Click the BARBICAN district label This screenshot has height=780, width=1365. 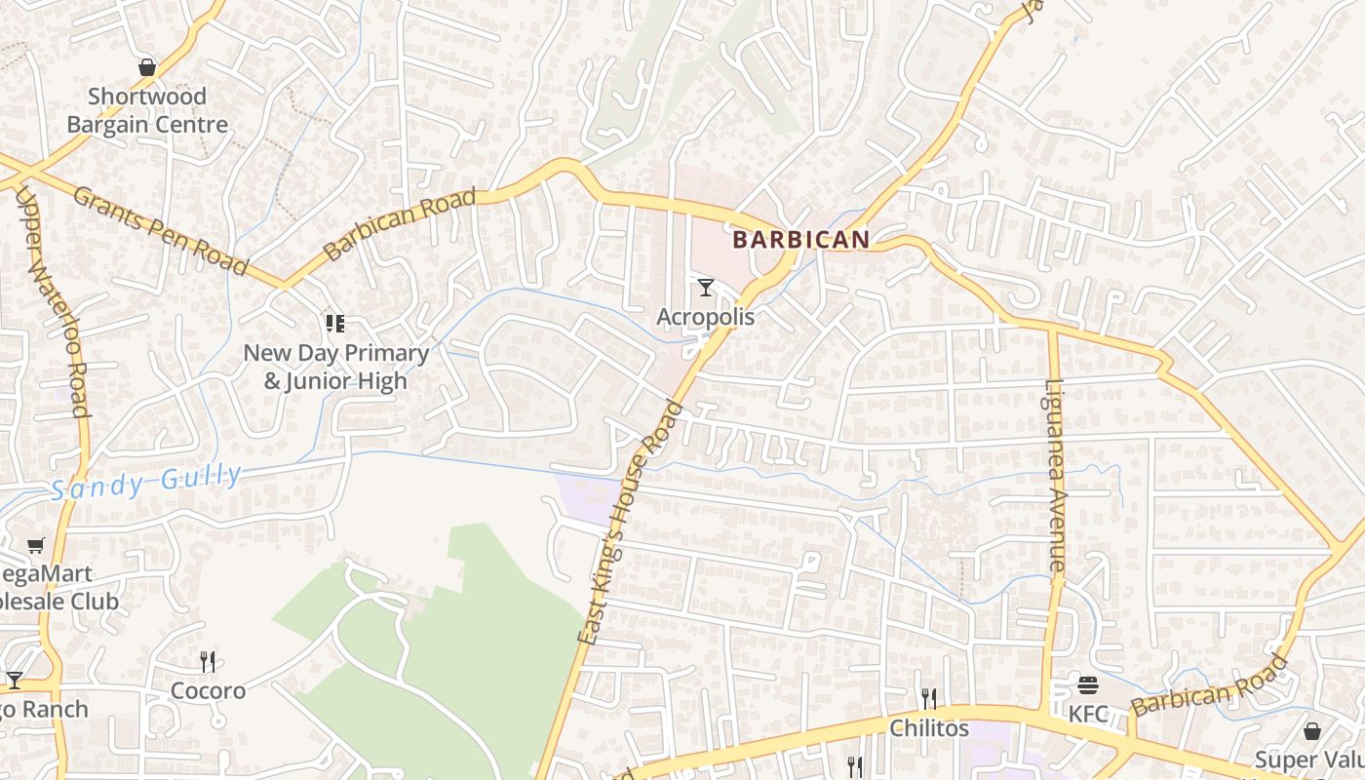(x=800, y=239)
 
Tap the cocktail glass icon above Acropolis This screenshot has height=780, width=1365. (x=706, y=288)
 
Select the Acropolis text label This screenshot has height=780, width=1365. (x=705, y=317)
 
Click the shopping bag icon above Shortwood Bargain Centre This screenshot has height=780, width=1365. (x=147, y=67)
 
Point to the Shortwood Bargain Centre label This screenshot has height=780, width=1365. (x=147, y=110)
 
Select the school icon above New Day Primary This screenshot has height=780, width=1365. (x=334, y=323)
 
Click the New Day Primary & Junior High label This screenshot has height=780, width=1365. (x=335, y=367)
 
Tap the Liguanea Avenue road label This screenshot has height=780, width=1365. (x=1056, y=475)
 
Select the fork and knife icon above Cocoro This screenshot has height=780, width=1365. (x=208, y=662)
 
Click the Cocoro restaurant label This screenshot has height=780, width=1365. (x=208, y=691)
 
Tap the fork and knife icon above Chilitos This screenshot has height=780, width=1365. (x=929, y=698)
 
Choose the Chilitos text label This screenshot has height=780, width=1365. (x=929, y=728)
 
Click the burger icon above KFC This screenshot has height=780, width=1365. (x=1088, y=685)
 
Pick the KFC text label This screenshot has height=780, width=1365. (x=1088, y=715)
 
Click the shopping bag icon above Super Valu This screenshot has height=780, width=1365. (x=1312, y=731)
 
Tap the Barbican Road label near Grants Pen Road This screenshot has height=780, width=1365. (x=400, y=224)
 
